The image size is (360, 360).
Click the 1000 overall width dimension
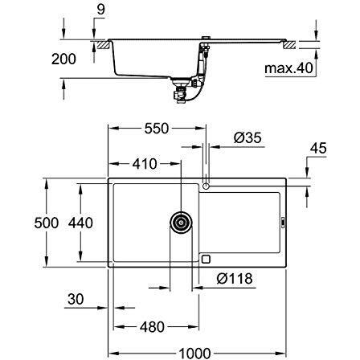tap(195, 354)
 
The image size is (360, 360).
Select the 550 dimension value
tap(157, 129)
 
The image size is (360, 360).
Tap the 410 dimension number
tap(145, 164)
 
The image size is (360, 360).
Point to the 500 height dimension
tap(47, 223)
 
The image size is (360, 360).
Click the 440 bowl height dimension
tap(80, 223)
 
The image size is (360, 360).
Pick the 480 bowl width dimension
tap(152, 327)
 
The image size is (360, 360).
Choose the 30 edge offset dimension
tap(76, 299)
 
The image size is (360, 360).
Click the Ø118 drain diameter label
tap(235, 279)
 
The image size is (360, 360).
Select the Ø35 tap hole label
tap(247, 138)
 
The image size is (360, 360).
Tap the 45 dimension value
tap(318, 149)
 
